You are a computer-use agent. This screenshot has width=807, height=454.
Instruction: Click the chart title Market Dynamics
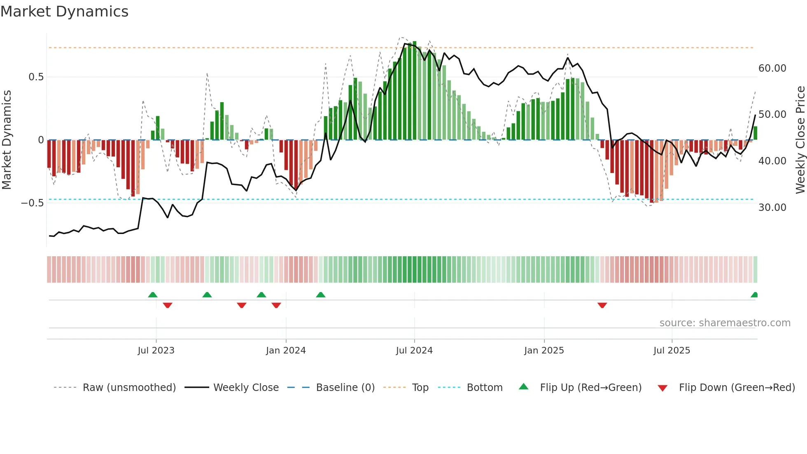tap(64, 12)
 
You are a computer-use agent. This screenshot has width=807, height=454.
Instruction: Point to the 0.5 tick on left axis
tap(36, 77)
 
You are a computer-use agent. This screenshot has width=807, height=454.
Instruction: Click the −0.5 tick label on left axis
tap(32, 203)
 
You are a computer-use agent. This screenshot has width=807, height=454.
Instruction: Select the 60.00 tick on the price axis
tap(772, 68)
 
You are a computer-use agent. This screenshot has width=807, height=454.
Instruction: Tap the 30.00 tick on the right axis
tap(772, 208)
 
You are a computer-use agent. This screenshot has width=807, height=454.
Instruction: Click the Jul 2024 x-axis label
tap(414, 351)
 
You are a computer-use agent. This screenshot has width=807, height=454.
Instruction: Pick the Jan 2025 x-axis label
tap(544, 351)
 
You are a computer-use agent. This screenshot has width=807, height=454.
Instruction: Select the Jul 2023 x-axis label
tap(156, 351)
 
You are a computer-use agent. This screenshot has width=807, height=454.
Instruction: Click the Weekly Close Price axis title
tap(800, 140)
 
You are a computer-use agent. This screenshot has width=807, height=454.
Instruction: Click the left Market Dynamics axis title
tap(7, 140)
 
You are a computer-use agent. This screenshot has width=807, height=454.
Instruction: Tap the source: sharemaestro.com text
tap(725, 323)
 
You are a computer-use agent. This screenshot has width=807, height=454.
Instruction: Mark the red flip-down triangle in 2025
tap(602, 305)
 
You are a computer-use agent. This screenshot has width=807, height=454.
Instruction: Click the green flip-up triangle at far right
tap(754, 295)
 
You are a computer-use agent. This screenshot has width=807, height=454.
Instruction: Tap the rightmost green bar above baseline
tap(755, 133)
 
